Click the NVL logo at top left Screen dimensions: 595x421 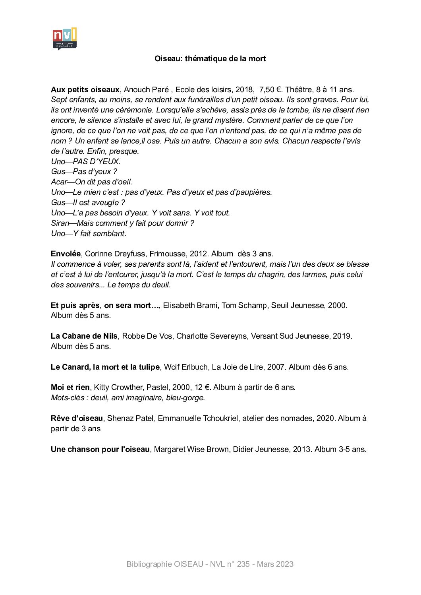(x=64, y=39)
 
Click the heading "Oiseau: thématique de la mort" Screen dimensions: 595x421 (x=210, y=59)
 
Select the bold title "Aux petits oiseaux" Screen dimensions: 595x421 (x=85, y=90)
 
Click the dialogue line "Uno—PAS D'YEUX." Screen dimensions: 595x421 (x=85, y=161)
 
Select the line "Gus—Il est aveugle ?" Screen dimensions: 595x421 (x=88, y=203)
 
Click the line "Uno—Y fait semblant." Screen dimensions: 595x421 (x=89, y=234)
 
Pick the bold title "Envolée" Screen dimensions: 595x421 (x=66, y=254)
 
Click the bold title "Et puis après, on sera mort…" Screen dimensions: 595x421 (x=105, y=306)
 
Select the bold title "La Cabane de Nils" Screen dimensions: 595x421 (x=84, y=336)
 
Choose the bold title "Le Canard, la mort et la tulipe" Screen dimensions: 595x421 (x=105, y=367)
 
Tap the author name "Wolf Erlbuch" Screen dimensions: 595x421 (x=186, y=367)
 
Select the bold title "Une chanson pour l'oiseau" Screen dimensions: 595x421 (x=100, y=450)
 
